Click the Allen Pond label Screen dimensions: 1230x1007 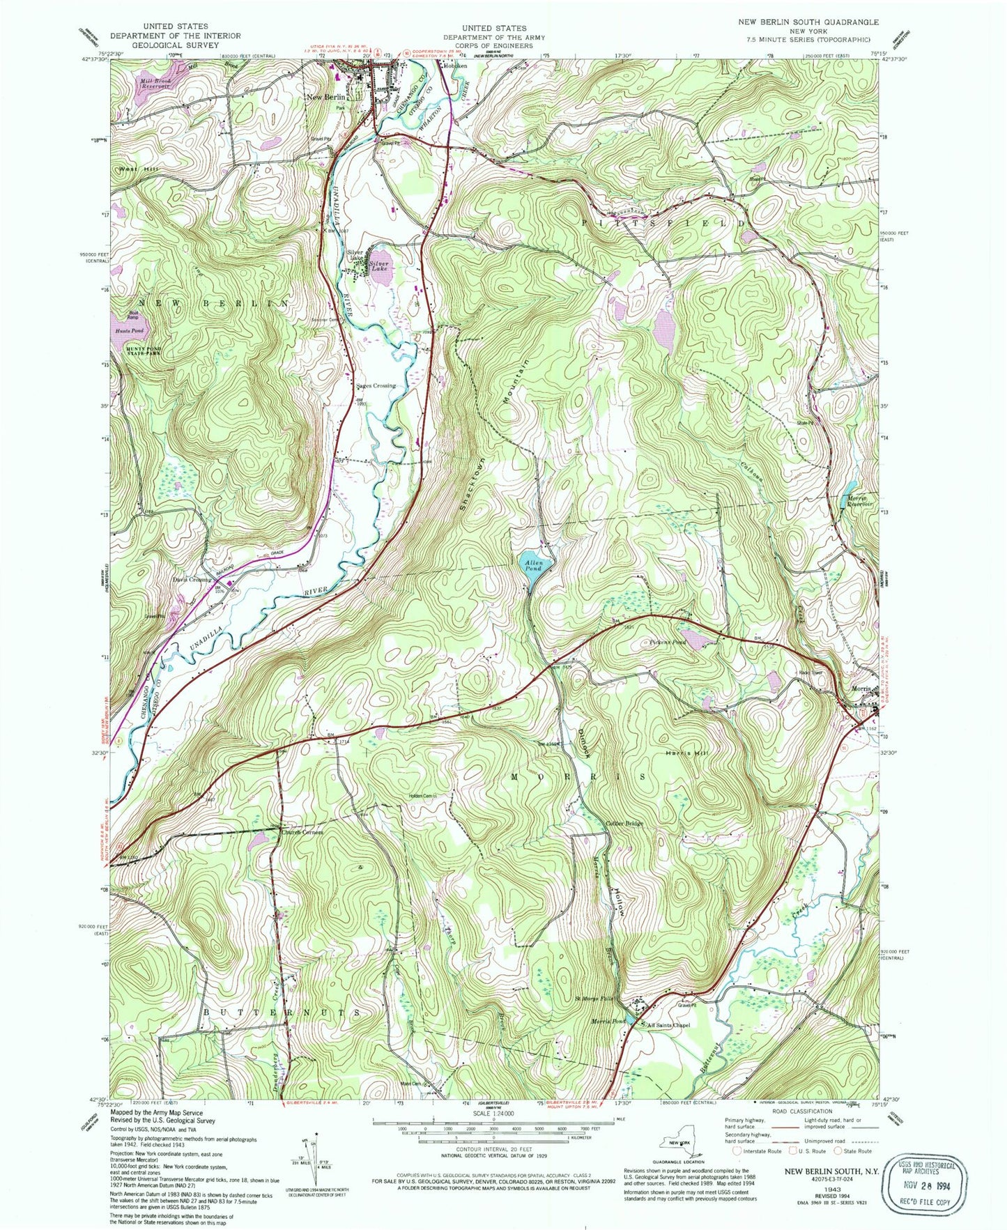[533, 564]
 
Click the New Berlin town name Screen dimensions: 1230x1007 [326, 97]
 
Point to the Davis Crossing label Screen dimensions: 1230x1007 [192, 579]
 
